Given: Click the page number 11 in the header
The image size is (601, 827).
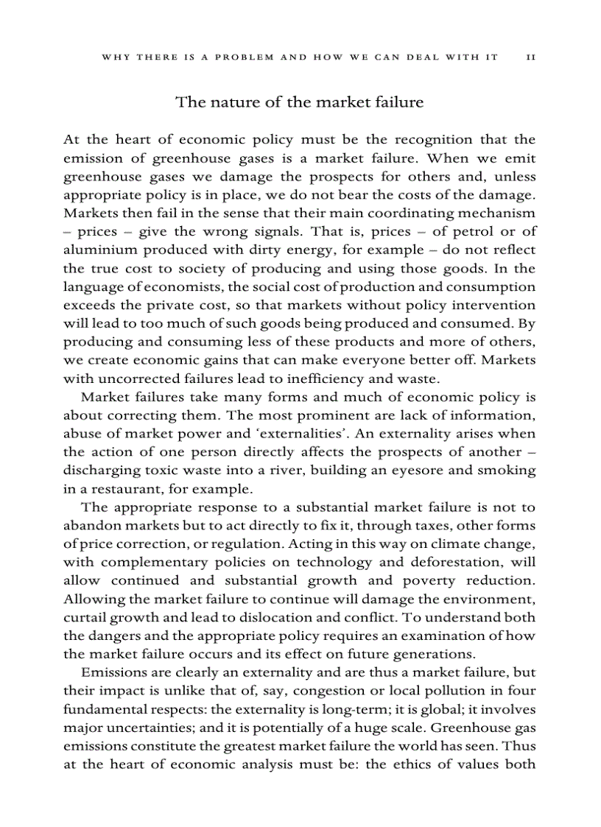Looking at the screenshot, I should [x=530, y=57].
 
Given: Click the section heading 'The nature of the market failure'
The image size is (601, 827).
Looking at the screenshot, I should [x=300, y=102].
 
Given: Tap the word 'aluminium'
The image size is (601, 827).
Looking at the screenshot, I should [x=95, y=250].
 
